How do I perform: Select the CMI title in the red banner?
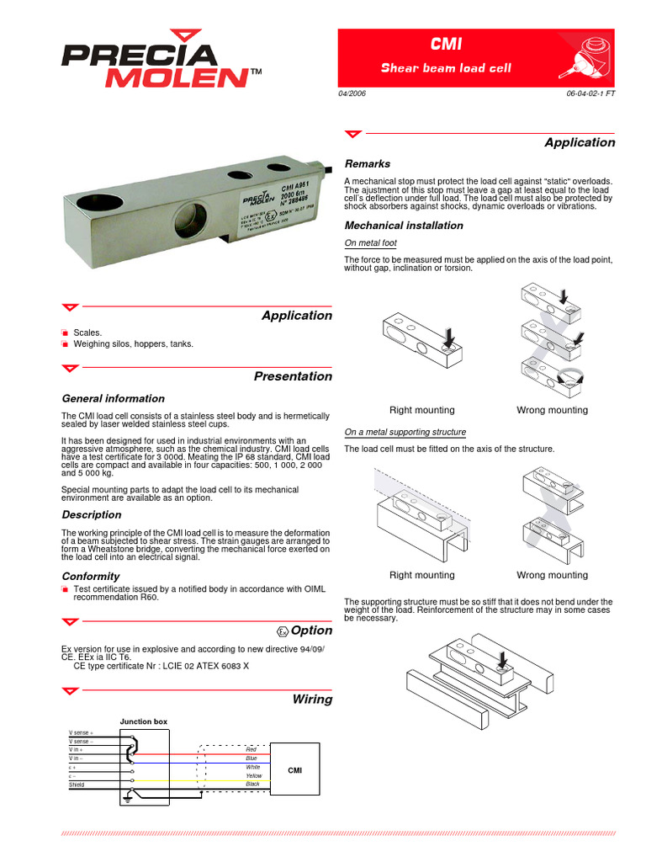(446, 45)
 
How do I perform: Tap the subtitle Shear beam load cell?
(446, 68)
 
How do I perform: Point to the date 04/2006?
(353, 93)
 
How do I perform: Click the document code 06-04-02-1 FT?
(591, 93)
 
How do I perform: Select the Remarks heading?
(368, 164)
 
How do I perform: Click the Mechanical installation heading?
(404, 226)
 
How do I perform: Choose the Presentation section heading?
(293, 376)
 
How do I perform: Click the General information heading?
(114, 399)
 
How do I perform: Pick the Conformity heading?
(91, 577)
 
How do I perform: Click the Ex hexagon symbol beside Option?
(282, 631)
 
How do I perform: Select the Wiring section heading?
(312, 700)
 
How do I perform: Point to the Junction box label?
(144, 722)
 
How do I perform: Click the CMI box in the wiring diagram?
(295, 769)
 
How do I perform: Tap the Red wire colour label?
(251, 748)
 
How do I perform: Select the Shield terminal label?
(77, 785)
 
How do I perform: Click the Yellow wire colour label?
(253, 775)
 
